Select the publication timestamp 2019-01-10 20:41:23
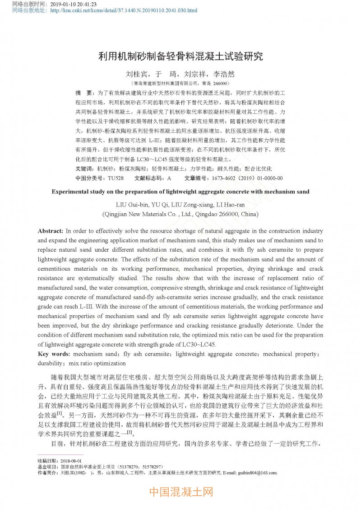pyautogui.click(x=74, y=4)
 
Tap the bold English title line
pyautogui.click(x=180, y=192)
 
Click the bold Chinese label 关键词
pyautogui.click(x=85, y=169)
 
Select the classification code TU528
pyautogui.click(x=116, y=178)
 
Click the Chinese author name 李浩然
pyautogui.click(x=224, y=74)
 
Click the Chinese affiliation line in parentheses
pyautogui.click(x=180, y=83)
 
